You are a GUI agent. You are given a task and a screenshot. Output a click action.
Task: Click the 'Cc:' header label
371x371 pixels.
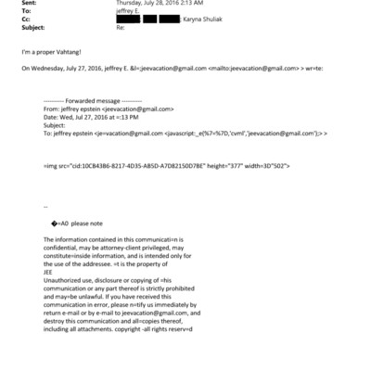coord(25,19)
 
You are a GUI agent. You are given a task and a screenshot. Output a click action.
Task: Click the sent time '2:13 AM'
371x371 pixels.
coord(178,4)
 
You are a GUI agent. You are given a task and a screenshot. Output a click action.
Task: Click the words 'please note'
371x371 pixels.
coord(95,224)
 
